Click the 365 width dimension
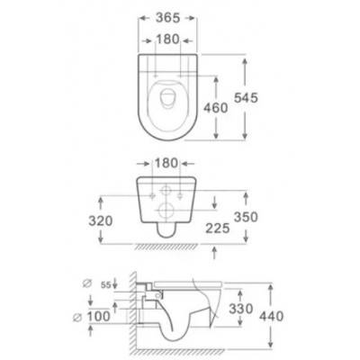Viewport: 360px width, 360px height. (167, 18)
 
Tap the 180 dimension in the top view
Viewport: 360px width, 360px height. (167, 40)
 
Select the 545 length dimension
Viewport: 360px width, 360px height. (246, 98)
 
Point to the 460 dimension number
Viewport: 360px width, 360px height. (216, 108)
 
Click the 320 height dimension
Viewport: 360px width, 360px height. (101, 221)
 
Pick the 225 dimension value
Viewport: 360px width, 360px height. (218, 229)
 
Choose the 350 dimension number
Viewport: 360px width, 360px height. (246, 217)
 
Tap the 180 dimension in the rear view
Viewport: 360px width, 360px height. (166, 163)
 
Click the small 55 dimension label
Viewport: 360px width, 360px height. (106, 285)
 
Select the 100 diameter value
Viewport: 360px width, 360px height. (99, 316)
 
